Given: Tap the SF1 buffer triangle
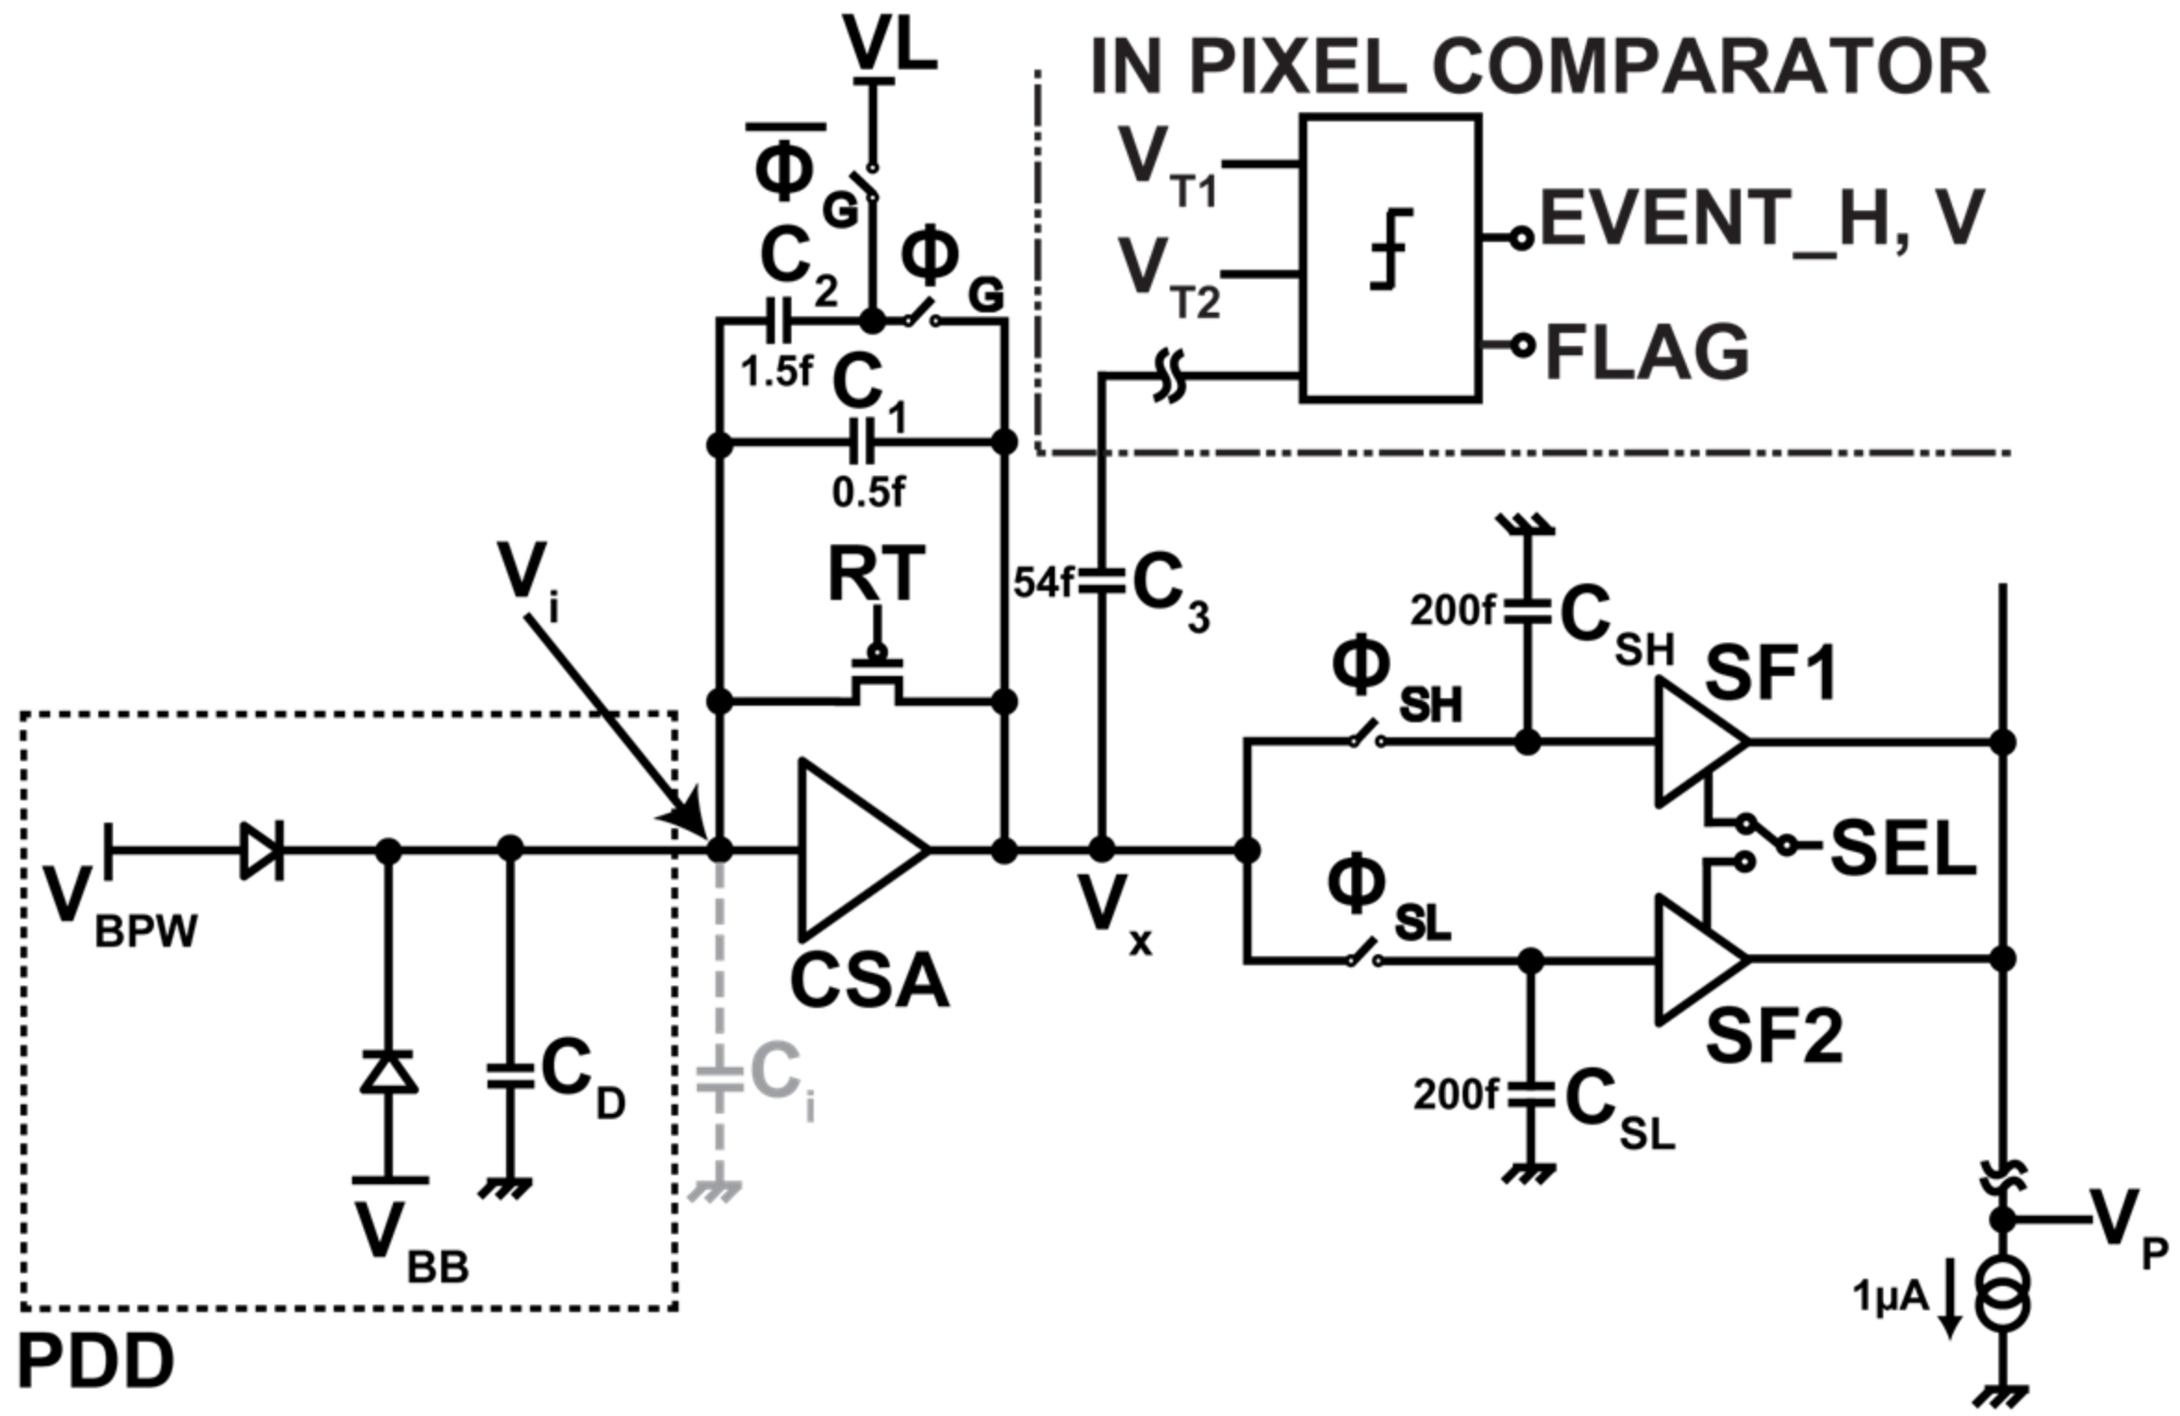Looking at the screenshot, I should click(x=1695, y=742).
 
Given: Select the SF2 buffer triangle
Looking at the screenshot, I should click(x=1695, y=959).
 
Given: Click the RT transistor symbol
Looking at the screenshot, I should click(x=876, y=682).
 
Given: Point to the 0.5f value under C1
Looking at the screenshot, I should click(x=868, y=492).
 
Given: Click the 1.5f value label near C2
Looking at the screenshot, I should click(x=776, y=372).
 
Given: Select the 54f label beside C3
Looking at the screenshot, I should click(x=1042, y=583).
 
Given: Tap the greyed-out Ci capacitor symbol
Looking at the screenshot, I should click(x=720, y=1078).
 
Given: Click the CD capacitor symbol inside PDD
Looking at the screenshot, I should click(x=510, y=1077).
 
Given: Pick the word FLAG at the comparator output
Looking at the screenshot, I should click(x=1647, y=352).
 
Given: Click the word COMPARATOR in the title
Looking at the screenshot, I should click(x=1710, y=67).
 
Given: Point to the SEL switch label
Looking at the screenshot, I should click(x=1903, y=849).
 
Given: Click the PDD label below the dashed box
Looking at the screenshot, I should click(x=95, y=1362).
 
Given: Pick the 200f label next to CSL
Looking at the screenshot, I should click(x=1454, y=1095).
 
